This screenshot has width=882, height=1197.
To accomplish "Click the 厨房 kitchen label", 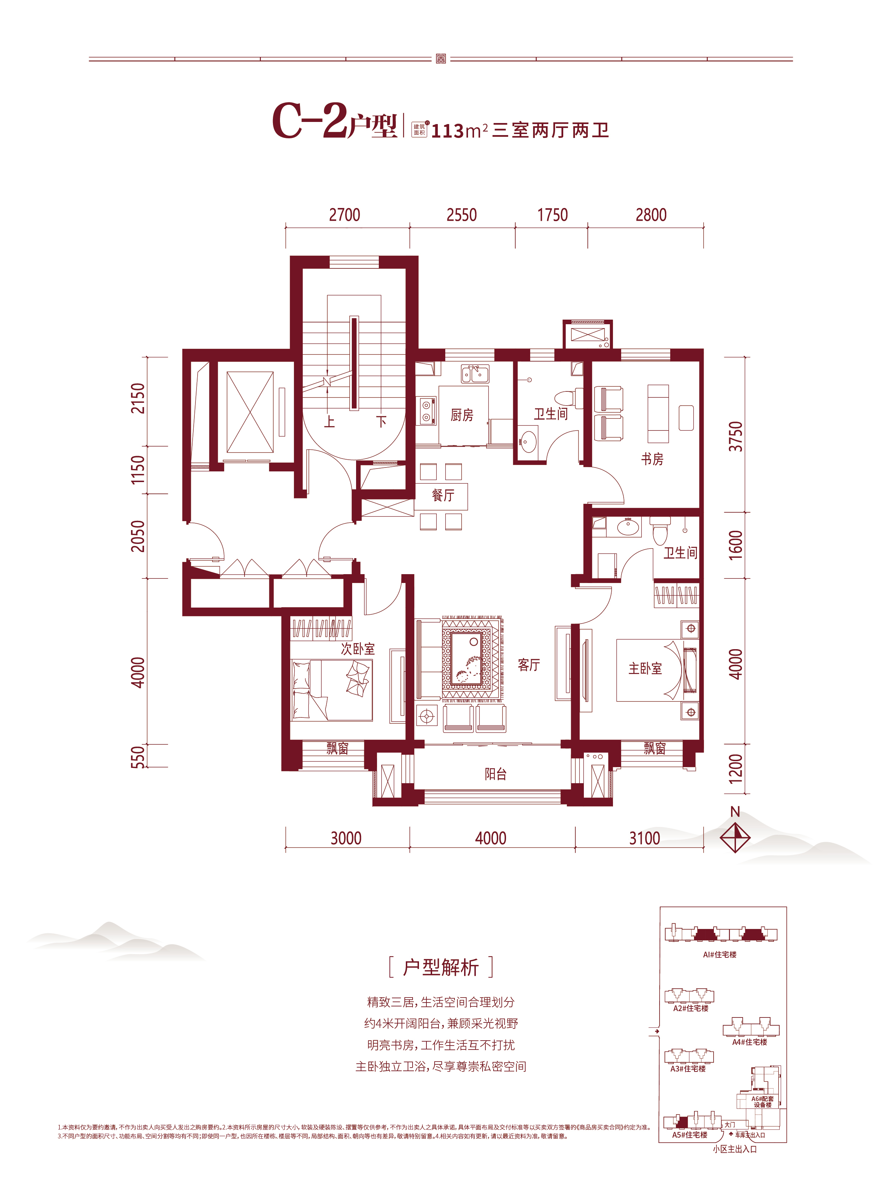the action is [462, 415].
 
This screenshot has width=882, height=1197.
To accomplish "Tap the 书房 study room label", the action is [652, 459].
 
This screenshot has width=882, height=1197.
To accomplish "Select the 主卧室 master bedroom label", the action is [645, 668].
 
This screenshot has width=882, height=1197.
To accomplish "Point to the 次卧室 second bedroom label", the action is [358, 649].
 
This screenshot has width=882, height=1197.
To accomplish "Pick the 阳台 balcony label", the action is [495, 774].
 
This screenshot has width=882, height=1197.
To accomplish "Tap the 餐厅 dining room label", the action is [443, 495].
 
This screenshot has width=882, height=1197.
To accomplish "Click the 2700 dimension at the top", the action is [344, 215].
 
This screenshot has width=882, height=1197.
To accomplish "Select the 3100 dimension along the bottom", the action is [644, 838].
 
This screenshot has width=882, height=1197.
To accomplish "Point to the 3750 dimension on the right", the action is [736, 437].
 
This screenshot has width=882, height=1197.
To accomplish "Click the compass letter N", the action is [735, 812].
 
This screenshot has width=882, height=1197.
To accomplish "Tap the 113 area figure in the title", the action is [447, 131].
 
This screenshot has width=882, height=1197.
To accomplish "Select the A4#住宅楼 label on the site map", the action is [749, 1042].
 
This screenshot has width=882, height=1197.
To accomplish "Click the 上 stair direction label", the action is [329, 422].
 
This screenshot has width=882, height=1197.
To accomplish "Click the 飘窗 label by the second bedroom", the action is [338, 748].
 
